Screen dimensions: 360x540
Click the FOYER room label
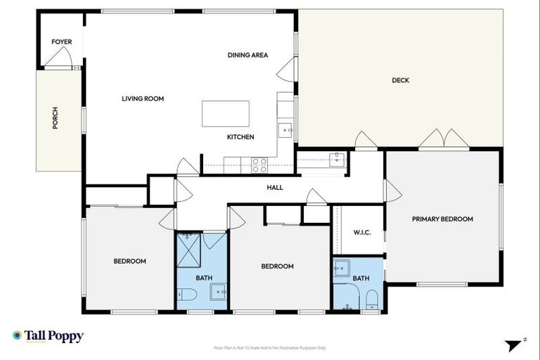pos(62,42)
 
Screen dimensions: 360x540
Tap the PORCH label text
pos(56,118)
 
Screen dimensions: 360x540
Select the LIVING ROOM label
pos(143,99)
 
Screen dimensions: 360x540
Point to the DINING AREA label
pos(247,56)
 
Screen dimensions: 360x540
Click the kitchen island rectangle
pos(226,113)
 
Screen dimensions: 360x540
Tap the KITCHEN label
pos(240,137)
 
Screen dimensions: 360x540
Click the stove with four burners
pos(259,165)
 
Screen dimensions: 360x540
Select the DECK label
pos(400,80)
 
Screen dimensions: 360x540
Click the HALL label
pos(274,188)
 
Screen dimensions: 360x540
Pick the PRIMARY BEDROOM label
pos(442,219)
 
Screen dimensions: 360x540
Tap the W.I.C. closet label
pos(361,233)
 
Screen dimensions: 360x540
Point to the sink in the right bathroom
pos(342,268)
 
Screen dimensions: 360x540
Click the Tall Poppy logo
pos(48,336)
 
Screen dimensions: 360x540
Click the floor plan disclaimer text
pos(269,347)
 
